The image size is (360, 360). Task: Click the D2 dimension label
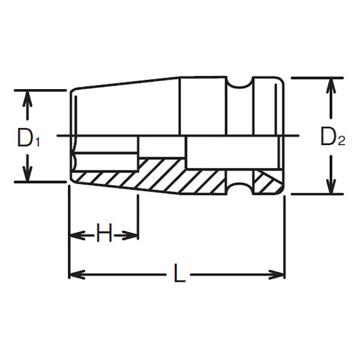[332, 138]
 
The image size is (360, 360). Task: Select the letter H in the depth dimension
[104, 235]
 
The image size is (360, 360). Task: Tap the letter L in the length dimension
[180, 274]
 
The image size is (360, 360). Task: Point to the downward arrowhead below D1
[28, 174]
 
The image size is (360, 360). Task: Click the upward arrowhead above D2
[331, 85]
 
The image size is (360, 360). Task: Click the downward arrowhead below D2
[331, 187]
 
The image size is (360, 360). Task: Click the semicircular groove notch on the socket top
[238, 83]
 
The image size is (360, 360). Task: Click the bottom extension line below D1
[40, 182]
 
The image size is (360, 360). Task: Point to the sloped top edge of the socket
[126, 83]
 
